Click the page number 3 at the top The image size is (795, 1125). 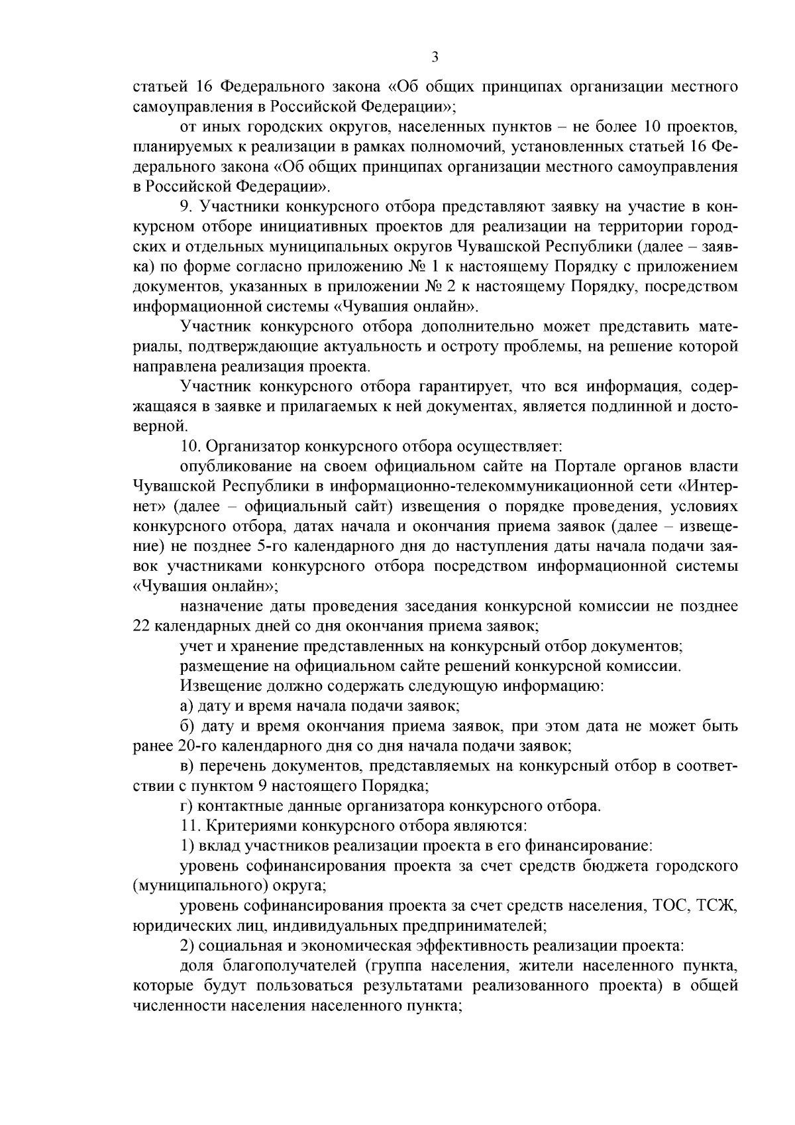point(435,57)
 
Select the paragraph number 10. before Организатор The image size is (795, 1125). point(189,445)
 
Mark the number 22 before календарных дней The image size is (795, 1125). point(140,626)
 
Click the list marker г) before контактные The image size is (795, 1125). point(186,806)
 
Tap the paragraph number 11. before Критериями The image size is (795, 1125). point(189,826)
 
